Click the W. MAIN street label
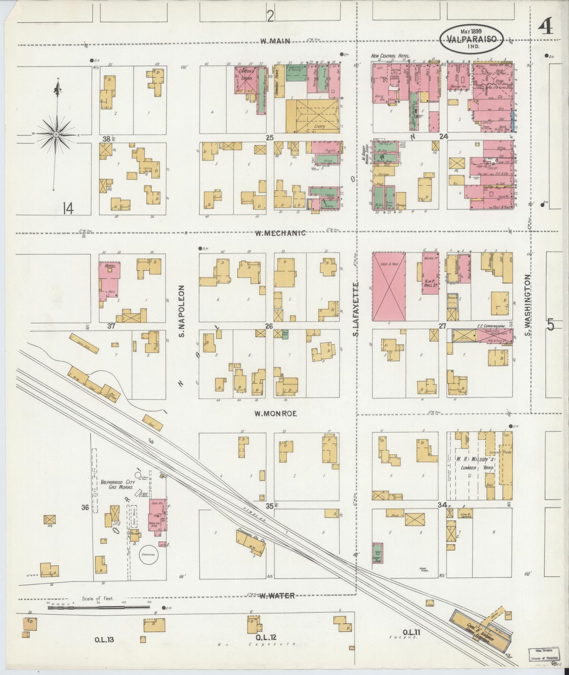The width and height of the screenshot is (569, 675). [x=274, y=41]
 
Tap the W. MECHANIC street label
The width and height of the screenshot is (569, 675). [x=280, y=233]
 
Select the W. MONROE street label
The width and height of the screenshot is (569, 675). [x=275, y=414]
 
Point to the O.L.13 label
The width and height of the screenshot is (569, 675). [x=104, y=640]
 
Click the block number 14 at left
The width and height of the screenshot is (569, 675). [x=67, y=210]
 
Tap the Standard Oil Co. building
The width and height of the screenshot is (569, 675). [x=250, y=543]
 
